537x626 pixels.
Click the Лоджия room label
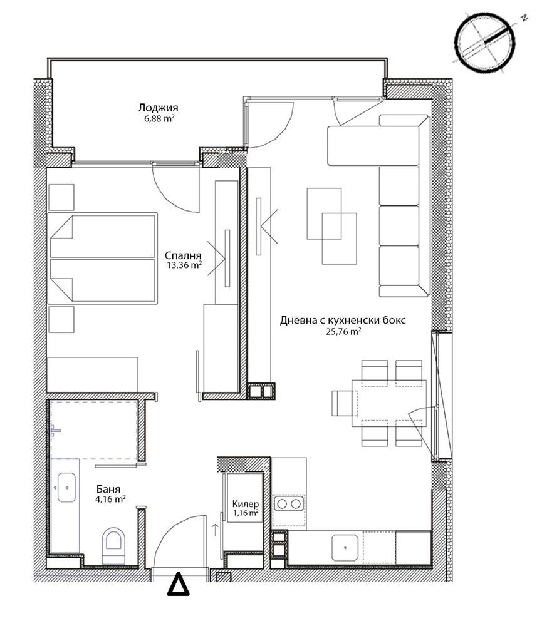pyautogui.click(x=159, y=108)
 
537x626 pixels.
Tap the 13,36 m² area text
pyautogui.click(x=184, y=265)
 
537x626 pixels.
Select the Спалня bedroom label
pyautogui.click(x=183, y=255)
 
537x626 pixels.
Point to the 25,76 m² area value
pyautogui.click(x=343, y=331)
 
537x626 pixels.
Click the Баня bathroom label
pyautogui.click(x=108, y=490)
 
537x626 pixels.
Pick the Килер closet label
pyautogui.click(x=246, y=504)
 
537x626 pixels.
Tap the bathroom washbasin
pyautogui.click(x=66, y=488)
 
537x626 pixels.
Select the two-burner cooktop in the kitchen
pyautogui.click(x=288, y=504)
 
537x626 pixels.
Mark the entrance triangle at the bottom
pyautogui.click(x=178, y=585)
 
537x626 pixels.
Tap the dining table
pyautogui.click(x=388, y=404)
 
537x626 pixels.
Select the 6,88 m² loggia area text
pyautogui.click(x=159, y=118)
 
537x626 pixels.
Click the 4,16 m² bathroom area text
pyautogui.click(x=111, y=499)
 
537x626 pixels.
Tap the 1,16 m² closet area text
pyautogui.click(x=246, y=513)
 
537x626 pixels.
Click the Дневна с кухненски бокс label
pyautogui.click(x=343, y=320)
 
